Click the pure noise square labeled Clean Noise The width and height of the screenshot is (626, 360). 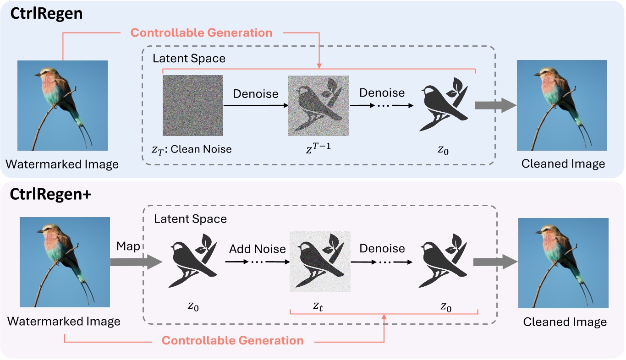click(x=193, y=105)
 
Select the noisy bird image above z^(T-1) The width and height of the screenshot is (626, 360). click(x=318, y=105)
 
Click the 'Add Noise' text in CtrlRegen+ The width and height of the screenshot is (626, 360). click(x=258, y=249)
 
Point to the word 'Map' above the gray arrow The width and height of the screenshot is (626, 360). click(x=128, y=246)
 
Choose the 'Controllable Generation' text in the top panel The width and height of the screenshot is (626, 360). click(x=202, y=33)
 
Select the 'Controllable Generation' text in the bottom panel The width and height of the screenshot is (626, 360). click(x=233, y=341)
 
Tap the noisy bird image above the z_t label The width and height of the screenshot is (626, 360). click(x=320, y=262)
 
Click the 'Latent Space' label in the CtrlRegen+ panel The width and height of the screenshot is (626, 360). click(x=190, y=219)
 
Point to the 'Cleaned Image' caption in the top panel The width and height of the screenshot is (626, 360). click(x=563, y=164)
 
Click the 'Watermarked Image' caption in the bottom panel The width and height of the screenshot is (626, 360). click(x=64, y=321)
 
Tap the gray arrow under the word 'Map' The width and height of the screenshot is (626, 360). click(x=136, y=262)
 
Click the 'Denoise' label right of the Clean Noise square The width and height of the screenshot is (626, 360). click(x=256, y=94)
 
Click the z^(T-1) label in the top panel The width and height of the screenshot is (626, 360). click(x=317, y=147)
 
